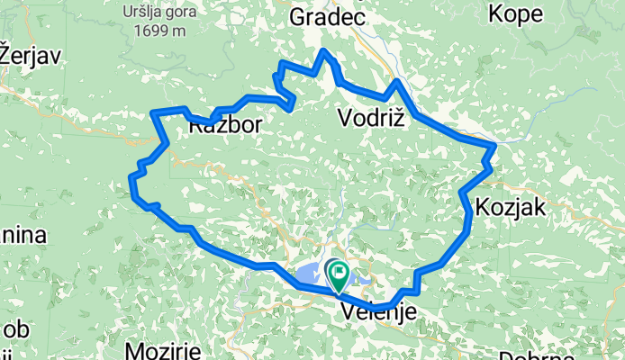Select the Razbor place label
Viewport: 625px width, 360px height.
[x=226, y=127]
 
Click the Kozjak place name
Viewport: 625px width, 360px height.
[x=512, y=207]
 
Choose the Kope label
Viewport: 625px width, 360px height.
[x=514, y=13]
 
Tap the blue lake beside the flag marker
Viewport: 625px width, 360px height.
[x=312, y=273]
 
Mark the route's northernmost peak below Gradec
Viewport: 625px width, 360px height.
[x=324, y=50]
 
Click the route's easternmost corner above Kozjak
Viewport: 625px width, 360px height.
[x=494, y=145]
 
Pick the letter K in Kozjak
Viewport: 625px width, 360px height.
[x=485, y=207]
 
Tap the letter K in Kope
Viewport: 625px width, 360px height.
[x=494, y=13]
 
